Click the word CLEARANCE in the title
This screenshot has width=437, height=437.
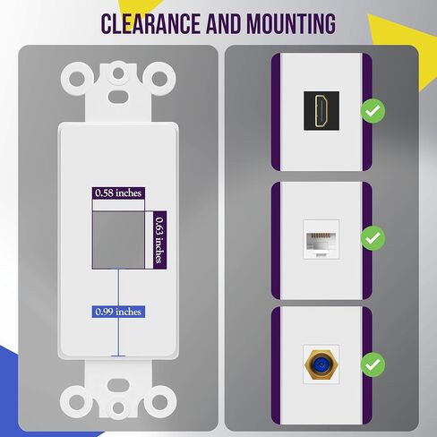point(150,23)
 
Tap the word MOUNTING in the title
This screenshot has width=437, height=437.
point(291,23)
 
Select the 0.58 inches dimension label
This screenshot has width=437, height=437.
point(118,193)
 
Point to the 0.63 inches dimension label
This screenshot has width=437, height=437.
point(160,240)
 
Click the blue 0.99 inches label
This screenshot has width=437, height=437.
point(118,312)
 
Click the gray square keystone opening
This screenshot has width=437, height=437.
point(118,240)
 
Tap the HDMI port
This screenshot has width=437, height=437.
point(321,111)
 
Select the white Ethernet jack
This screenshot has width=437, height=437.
point(321,239)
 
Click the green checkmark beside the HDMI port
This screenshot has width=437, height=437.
point(373,111)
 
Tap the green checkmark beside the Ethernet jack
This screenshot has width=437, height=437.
point(373,238)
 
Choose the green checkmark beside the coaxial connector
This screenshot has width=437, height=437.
point(373,364)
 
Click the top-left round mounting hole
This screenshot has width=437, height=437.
point(77,79)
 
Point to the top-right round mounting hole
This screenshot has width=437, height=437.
point(159,79)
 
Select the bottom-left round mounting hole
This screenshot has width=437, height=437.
point(77,402)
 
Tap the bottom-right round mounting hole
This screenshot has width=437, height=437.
point(159,402)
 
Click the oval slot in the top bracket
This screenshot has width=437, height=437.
point(118,97)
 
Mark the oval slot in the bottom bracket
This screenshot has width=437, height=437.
point(118,385)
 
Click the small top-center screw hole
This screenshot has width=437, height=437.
point(118,73)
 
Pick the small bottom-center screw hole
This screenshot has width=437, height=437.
point(118,408)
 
